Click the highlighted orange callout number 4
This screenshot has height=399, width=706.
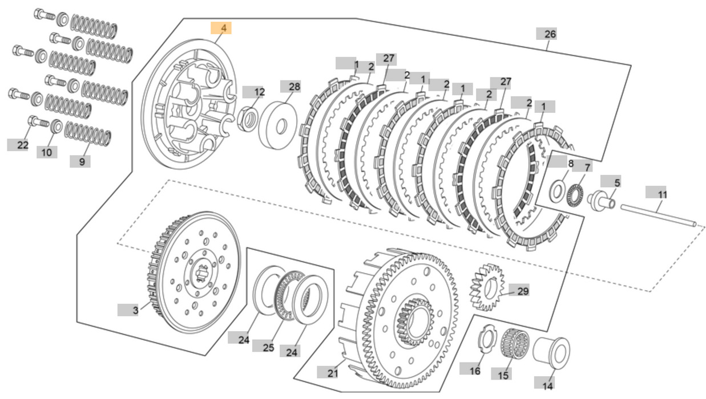pyautogui.click(x=221, y=28)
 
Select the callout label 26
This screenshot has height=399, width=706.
pyautogui.click(x=549, y=34)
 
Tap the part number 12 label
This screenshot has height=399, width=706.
pyautogui.click(x=256, y=92)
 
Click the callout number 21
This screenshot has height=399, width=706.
pyautogui.click(x=332, y=373)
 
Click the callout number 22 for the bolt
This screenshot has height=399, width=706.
pyautogui.click(x=22, y=145)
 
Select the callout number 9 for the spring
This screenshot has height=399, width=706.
pyautogui.click(x=80, y=161)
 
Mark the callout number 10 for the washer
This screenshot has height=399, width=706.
pyautogui.click(x=47, y=152)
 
